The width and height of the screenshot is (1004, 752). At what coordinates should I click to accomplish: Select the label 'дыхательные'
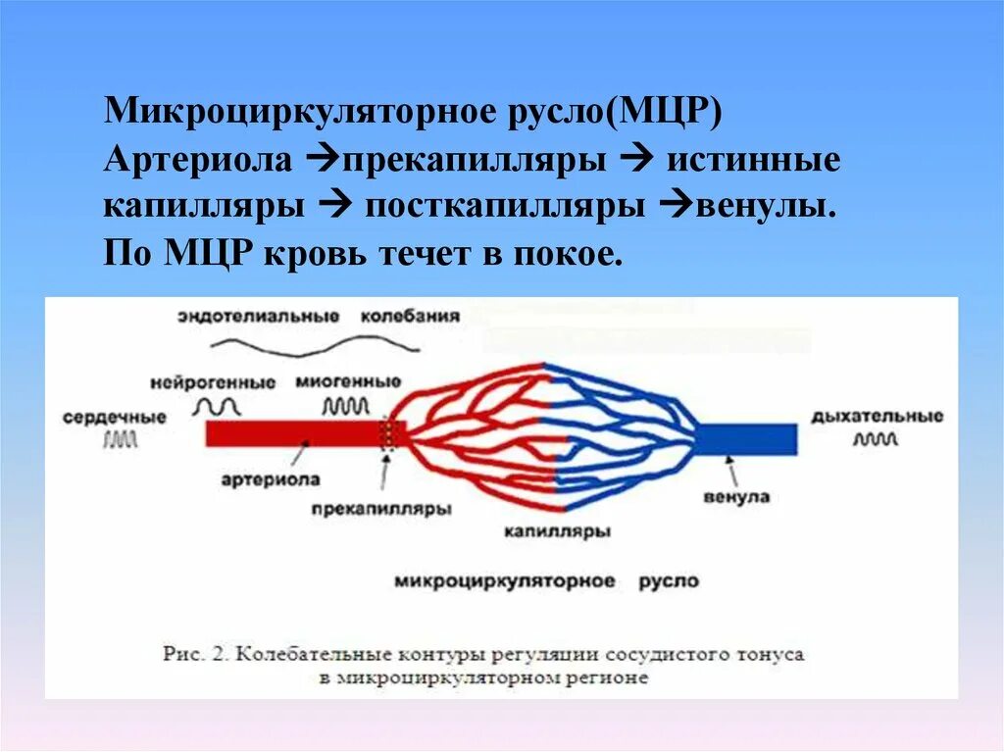877,417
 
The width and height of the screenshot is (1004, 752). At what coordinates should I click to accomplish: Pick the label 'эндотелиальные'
259,317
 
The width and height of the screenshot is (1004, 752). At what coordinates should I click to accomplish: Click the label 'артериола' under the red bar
283,480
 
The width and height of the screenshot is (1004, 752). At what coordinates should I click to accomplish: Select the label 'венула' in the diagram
736,497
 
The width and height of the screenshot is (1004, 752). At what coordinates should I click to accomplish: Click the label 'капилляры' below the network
558,531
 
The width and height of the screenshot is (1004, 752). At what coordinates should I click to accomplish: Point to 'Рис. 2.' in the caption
194,654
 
